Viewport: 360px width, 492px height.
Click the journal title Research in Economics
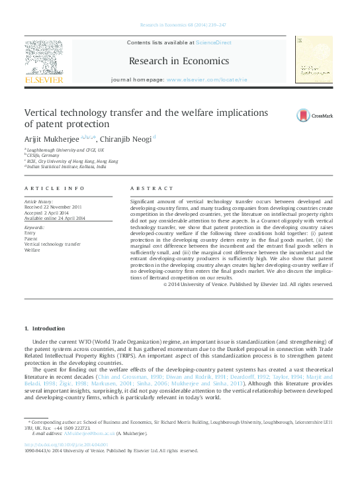179,61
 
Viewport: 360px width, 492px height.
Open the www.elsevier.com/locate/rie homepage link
206,79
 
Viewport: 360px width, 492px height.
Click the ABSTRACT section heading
146,189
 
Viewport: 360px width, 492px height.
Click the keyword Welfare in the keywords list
32,250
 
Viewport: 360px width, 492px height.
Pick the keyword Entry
30,233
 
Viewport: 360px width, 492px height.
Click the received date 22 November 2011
62,205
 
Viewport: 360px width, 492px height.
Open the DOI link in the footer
65,444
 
